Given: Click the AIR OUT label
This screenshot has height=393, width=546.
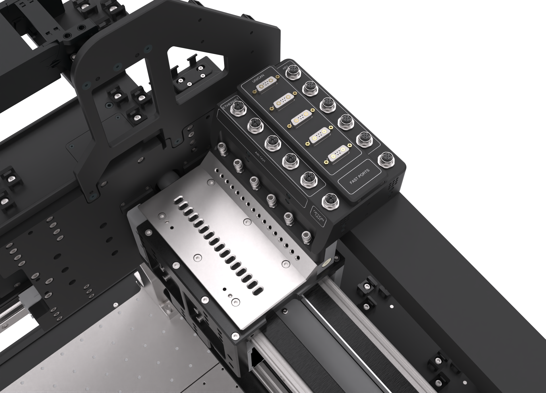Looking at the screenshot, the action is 260,157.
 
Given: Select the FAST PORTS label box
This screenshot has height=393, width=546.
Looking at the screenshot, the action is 360,177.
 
